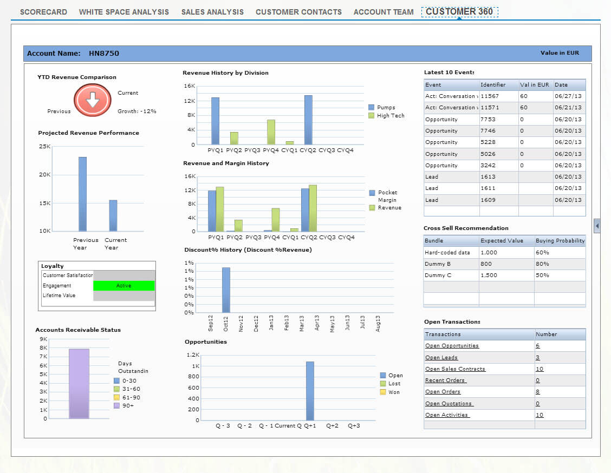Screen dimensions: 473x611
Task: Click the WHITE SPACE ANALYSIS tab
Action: click(x=123, y=12)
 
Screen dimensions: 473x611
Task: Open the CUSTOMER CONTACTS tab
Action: click(x=298, y=12)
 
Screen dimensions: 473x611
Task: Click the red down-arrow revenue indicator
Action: click(x=93, y=100)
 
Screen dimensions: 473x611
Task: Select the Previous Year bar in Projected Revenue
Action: click(x=82, y=194)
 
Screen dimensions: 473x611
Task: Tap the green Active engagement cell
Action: click(x=124, y=286)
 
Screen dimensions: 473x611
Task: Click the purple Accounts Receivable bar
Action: click(x=79, y=383)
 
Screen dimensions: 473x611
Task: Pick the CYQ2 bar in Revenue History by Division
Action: click(x=308, y=120)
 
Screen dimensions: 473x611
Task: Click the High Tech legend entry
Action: click(x=390, y=116)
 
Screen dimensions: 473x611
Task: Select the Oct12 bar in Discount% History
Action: click(x=226, y=290)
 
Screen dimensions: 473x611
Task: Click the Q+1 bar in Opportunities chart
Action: click(x=310, y=391)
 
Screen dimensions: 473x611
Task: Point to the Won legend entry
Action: click(x=394, y=392)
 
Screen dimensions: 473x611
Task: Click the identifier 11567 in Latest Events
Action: click(x=490, y=96)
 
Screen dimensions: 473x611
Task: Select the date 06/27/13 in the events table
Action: click(x=568, y=96)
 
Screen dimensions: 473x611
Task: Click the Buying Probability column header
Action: click(x=560, y=241)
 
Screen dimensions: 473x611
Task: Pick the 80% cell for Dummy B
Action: click(x=542, y=264)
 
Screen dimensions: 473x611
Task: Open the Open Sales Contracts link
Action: click(x=455, y=369)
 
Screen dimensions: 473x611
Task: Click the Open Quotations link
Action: click(x=448, y=404)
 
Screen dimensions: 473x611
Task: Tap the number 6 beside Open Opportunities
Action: click(x=538, y=346)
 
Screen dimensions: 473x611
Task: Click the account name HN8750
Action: click(x=104, y=54)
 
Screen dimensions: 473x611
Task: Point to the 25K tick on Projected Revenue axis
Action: click(x=44, y=147)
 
